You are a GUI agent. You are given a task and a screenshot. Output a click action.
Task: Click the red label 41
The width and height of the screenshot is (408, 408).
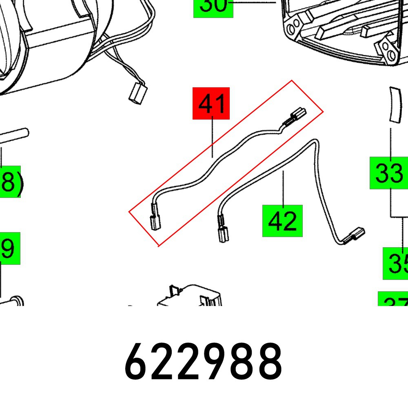[211, 103]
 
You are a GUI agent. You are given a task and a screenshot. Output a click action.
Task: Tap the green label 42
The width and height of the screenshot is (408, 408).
[282, 221]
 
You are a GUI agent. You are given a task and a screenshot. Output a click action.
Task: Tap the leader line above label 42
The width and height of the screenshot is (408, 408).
[283, 188]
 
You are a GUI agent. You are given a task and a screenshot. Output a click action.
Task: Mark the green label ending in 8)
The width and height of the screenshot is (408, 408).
[10, 182]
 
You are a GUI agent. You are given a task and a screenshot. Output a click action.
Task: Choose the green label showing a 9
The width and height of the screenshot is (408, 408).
[9, 248]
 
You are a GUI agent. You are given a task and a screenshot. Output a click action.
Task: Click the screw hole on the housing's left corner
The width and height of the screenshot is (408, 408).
[291, 29]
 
